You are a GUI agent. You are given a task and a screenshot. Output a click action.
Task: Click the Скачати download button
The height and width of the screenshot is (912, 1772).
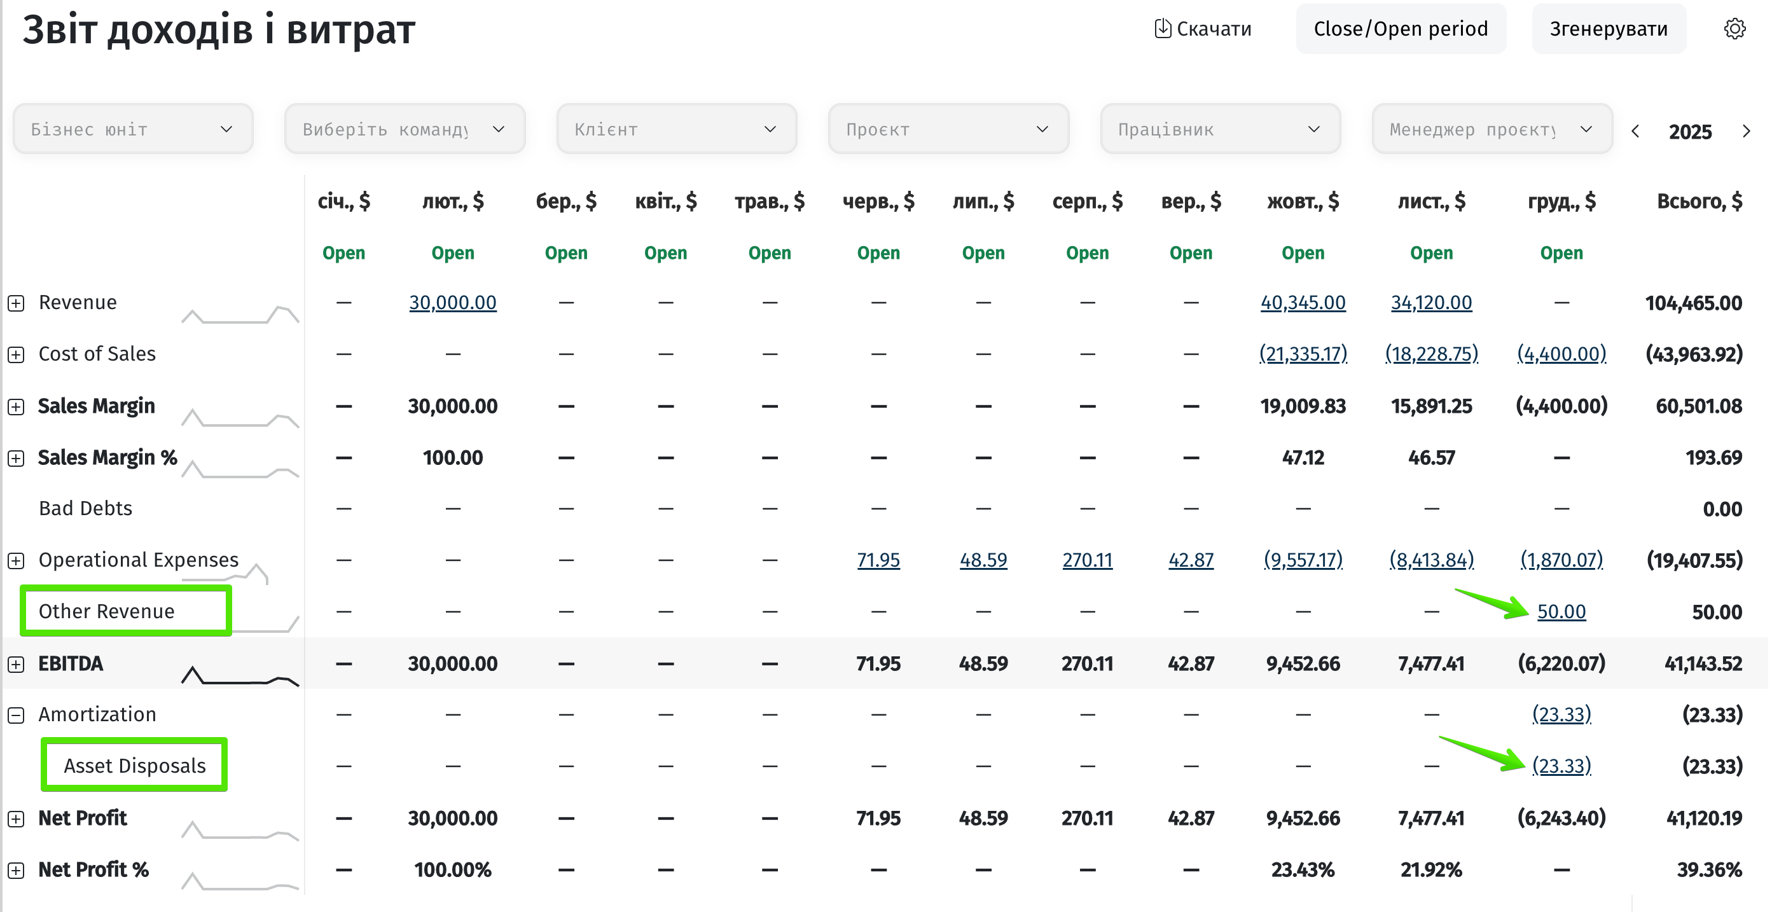[1202, 29]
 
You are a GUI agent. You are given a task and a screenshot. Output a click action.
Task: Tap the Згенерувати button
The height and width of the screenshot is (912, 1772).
[1609, 29]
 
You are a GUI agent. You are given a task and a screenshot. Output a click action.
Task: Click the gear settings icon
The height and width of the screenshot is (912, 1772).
[1735, 29]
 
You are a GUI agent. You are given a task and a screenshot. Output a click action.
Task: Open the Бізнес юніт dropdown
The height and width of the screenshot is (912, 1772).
[134, 129]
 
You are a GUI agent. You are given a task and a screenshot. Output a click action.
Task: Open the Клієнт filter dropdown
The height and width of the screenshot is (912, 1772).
[676, 129]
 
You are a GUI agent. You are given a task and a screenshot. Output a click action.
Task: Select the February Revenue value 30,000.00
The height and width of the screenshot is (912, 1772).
[453, 303]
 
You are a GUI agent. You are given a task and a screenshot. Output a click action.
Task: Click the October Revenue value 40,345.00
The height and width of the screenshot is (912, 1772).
[1303, 303]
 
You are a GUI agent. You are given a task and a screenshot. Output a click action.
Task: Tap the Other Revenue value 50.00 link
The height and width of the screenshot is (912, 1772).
[1561, 611]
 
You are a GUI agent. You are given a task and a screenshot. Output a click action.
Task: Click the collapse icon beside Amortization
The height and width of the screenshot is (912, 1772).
[16, 715]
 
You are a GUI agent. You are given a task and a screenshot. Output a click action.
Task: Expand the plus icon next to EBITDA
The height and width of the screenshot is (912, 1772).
[16, 665]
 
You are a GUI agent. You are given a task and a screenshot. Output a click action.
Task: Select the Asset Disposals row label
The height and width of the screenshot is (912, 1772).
[135, 766]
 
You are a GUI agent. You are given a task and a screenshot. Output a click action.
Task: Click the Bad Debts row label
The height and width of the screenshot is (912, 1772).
[85, 508]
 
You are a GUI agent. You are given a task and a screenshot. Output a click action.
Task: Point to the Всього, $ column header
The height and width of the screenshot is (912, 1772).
[1699, 202]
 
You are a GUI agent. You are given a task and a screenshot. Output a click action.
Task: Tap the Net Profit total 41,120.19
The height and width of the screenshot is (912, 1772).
[1704, 819]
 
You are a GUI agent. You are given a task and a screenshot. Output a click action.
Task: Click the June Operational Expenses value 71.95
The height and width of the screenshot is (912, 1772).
[878, 560]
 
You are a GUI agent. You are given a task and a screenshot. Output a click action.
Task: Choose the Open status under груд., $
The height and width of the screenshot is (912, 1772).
[1561, 253]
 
